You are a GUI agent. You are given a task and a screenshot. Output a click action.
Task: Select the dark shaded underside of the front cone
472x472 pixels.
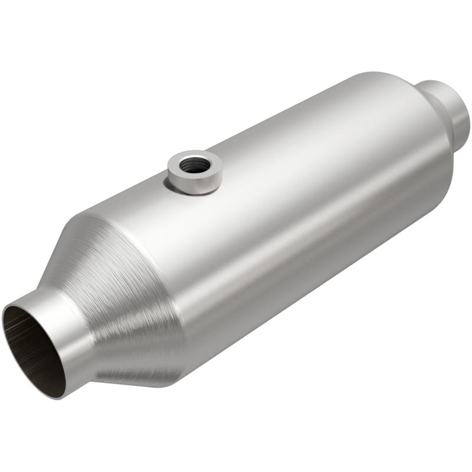click(136, 366)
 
